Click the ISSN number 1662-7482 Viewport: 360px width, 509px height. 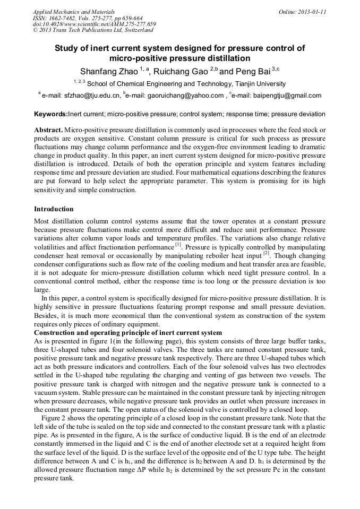pos(62,18)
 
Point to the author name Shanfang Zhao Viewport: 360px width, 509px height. pos(108,71)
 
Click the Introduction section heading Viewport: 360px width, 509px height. pos(54,209)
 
